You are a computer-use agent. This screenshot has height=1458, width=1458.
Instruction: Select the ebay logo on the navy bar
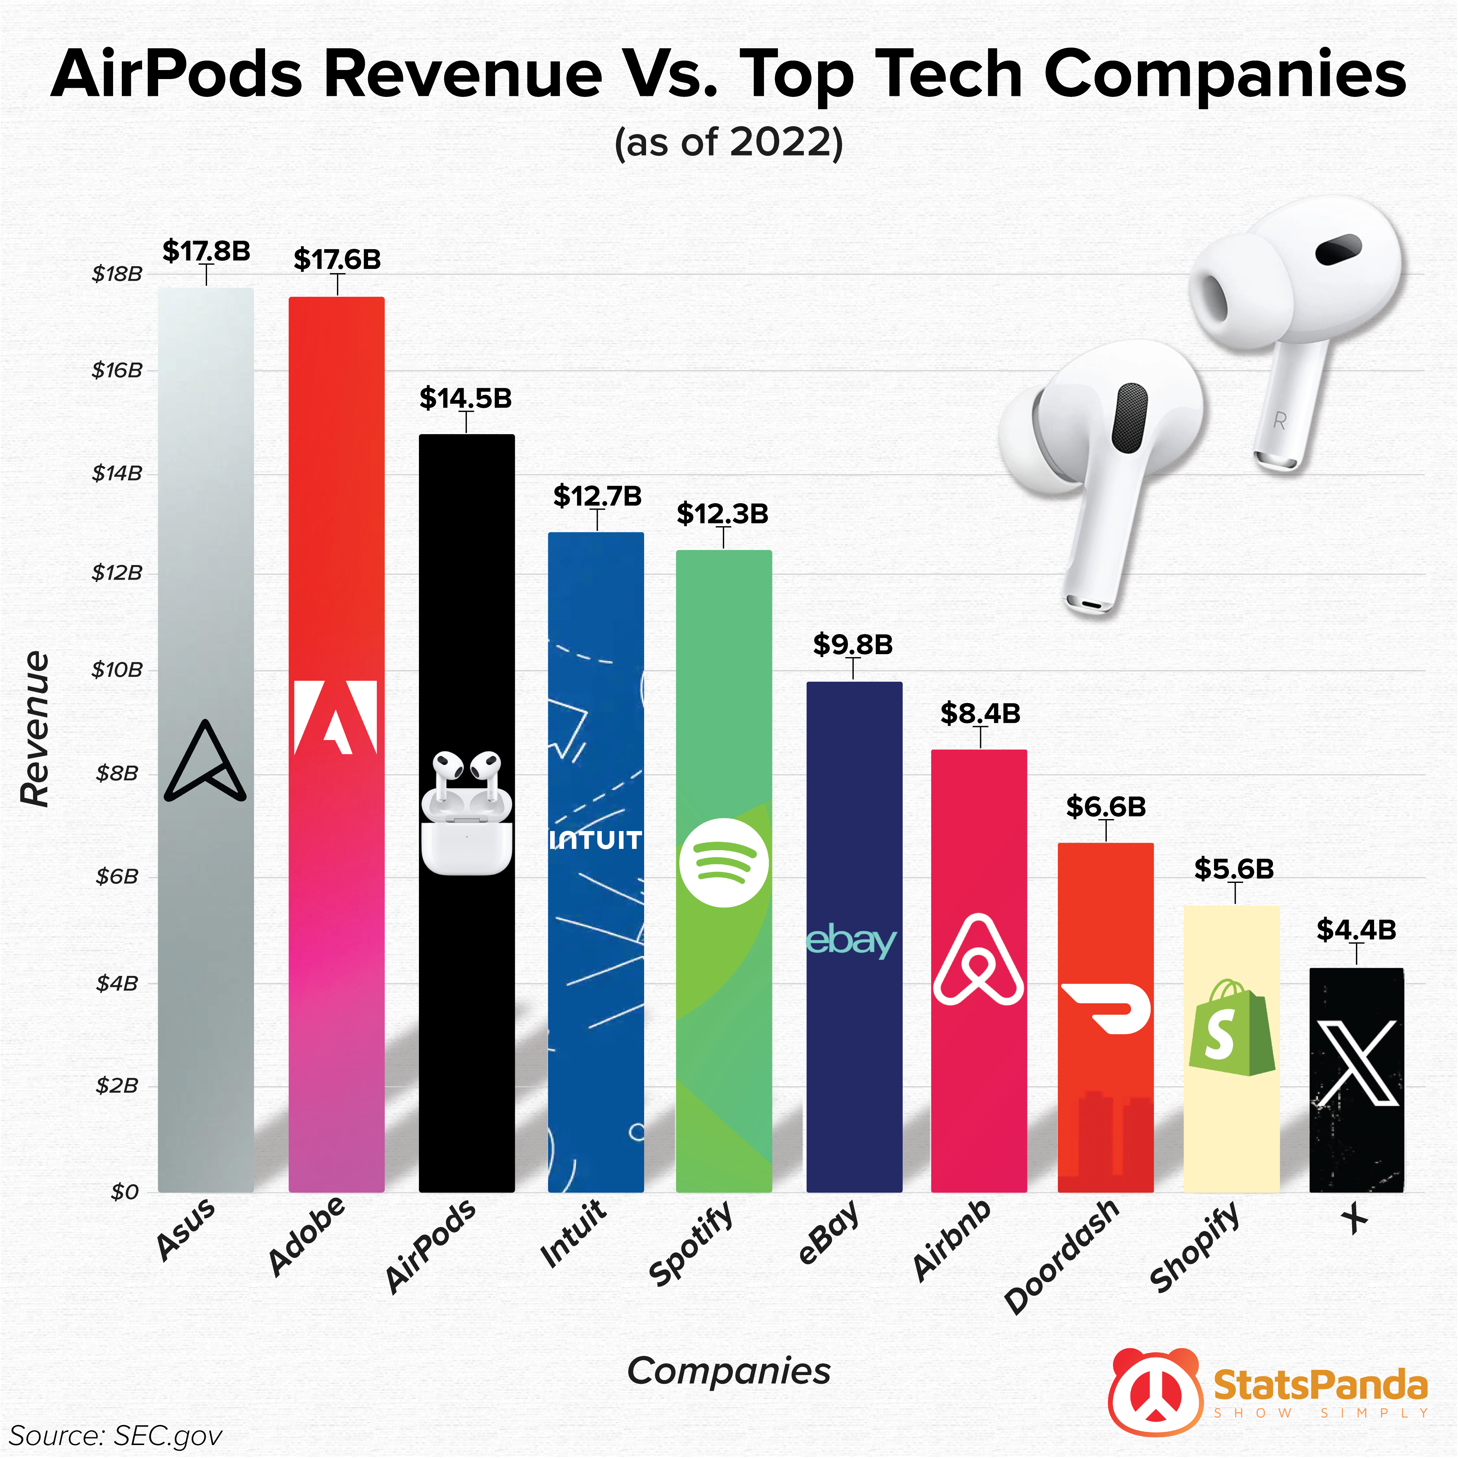point(852,940)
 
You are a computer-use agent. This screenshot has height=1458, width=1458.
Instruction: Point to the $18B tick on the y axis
point(117,274)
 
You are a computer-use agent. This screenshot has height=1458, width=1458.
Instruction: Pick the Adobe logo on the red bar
point(335,718)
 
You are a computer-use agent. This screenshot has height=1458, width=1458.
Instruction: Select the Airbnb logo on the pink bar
point(979,960)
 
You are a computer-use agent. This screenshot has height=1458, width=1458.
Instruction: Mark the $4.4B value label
point(1356,930)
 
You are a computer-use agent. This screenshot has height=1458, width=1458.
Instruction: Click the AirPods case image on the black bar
point(466,830)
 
